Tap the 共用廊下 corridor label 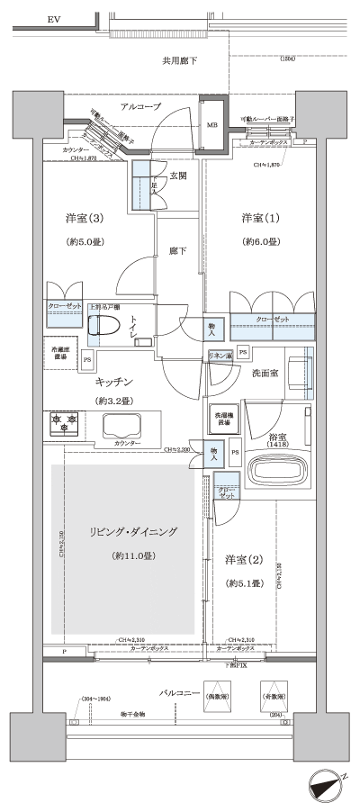tap(179, 61)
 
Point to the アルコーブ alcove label tap(141, 107)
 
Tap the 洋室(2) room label tap(244, 560)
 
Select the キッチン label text tap(115, 383)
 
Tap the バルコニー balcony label tap(180, 694)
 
